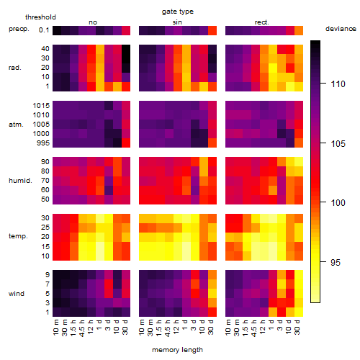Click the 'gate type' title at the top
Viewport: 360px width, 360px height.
tap(178, 12)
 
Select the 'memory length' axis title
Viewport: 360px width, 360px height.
tap(177, 350)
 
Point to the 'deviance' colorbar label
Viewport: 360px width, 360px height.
tap(341, 29)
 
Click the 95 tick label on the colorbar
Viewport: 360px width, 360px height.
tap(336, 262)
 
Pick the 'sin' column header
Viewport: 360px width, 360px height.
tap(177, 22)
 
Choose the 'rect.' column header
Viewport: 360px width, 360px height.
tap(261, 22)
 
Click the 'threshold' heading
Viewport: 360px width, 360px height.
tap(40, 17)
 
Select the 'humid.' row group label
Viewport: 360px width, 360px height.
tap(20, 181)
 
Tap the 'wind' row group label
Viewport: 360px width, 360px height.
tap(17, 294)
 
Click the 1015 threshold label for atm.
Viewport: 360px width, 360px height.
tap(41, 106)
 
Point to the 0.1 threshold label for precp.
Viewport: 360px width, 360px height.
tap(44, 30)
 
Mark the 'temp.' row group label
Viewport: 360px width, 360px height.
tap(18, 236)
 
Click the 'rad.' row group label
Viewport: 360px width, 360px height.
tap(15, 68)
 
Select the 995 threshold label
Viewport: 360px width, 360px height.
tap(43, 143)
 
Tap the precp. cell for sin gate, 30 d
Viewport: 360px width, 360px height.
tap(212, 30)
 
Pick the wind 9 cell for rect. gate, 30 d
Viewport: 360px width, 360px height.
tap(299, 275)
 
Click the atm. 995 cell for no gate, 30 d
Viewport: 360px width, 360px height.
tap(126, 143)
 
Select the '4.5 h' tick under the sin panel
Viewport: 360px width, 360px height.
tap(168, 328)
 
